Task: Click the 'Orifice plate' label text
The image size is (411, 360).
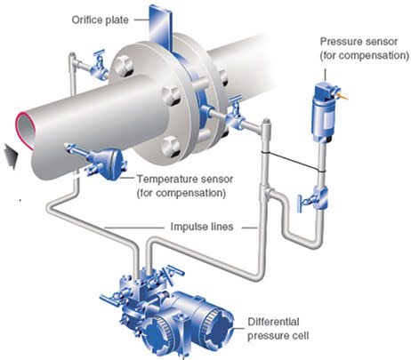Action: (100, 20)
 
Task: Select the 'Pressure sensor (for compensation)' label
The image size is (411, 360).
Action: (365, 48)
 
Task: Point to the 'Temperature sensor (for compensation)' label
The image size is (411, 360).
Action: (184, 186)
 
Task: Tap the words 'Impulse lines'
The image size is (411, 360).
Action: (202, 227)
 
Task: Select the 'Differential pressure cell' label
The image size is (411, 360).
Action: (278, 329)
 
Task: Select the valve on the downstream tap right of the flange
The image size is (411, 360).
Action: (236, 116)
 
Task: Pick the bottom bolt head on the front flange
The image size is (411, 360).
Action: (171, 147)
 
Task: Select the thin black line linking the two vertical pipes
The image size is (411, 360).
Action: (293, 162)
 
